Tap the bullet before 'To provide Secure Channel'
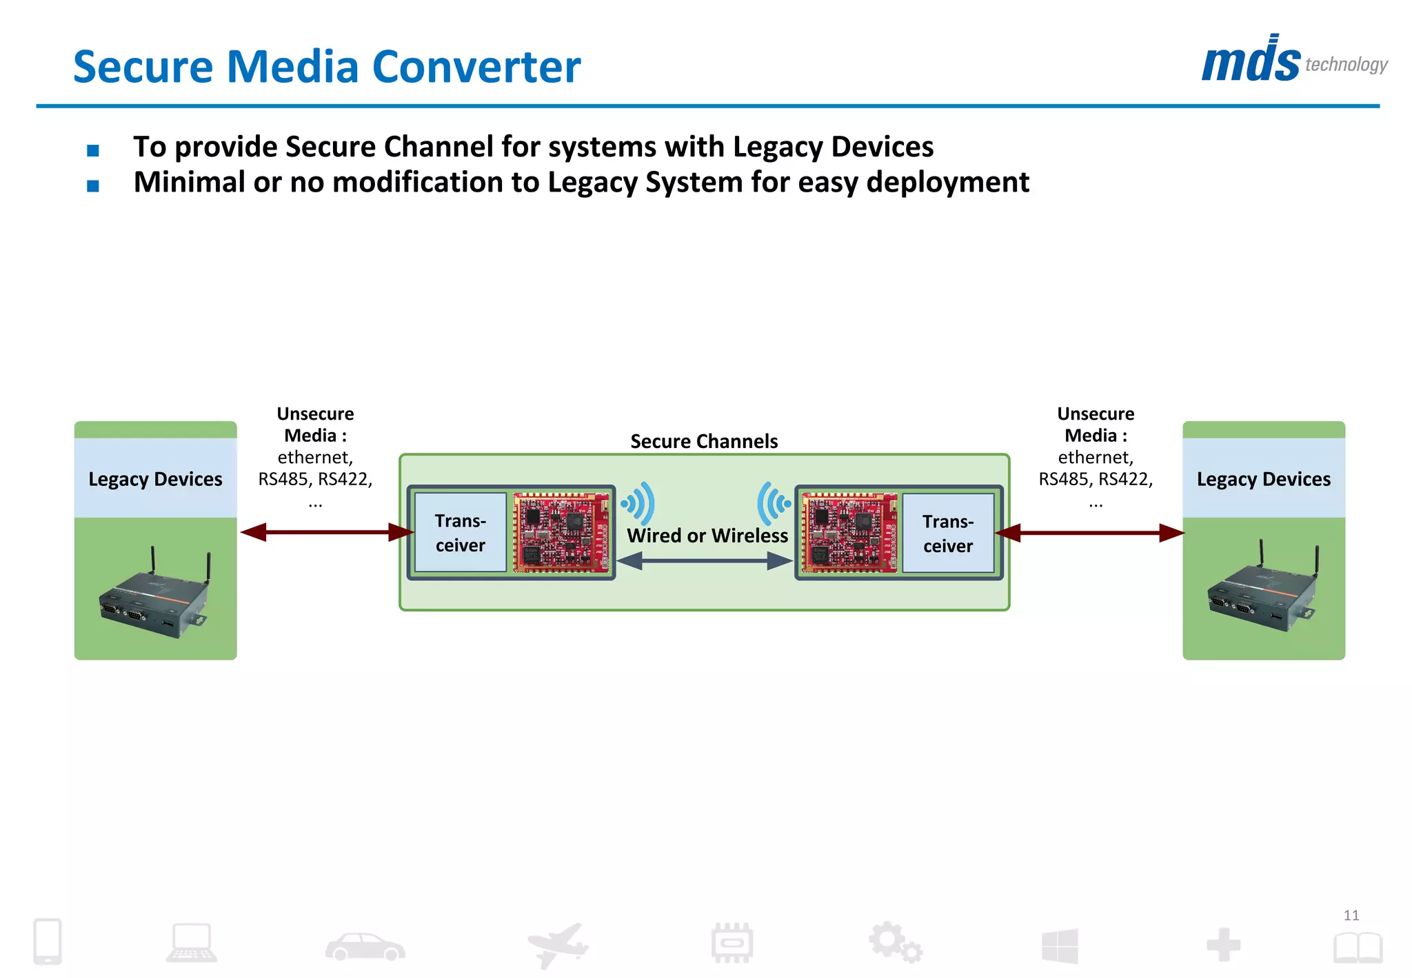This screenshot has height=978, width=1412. tap(93, 150)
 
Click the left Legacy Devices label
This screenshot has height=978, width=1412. tap(155, 479)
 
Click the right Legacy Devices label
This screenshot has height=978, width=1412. tap(1263, 479)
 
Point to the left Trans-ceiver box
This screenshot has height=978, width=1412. tap(461, 533)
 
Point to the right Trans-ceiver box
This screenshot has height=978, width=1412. tap(948, 533)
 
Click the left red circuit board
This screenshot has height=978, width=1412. tap(561, 532)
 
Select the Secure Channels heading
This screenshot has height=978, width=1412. tap(704, 441)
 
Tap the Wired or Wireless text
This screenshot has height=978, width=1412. tap(707, 536)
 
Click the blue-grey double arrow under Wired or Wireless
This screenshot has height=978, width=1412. tap(705, 562)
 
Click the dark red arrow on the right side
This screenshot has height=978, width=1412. tap(1089, 533)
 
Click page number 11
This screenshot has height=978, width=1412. tap(1351, 915)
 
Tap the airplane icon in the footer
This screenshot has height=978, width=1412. tap(557, 944)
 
